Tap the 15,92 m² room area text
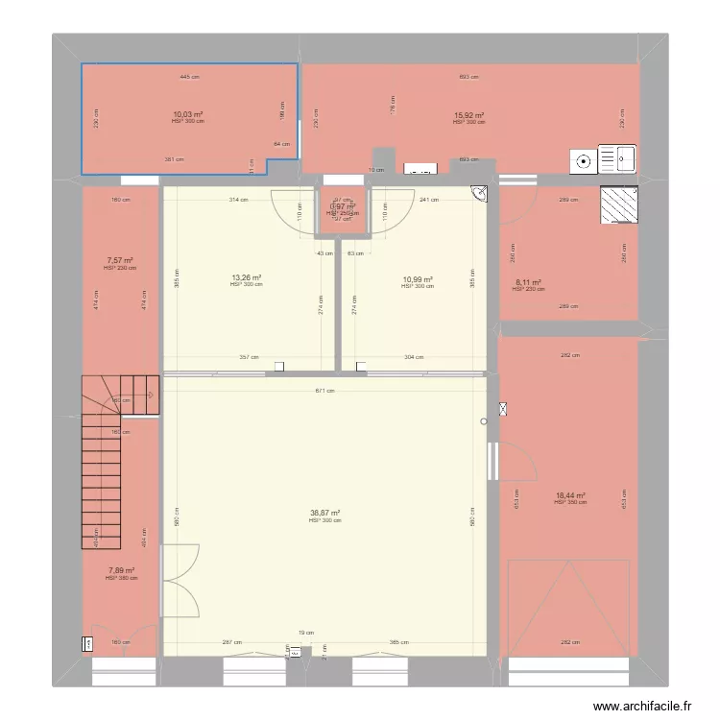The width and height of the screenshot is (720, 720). [x=468, y=114]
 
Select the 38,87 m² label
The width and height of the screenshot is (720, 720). [x=324, y=513]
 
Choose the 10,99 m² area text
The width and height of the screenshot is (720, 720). [x=418, y=279]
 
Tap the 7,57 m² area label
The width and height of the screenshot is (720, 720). [x=120, y=260]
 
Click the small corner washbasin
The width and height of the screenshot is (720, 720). [x=479, y=194]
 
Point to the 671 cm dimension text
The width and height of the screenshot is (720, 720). [x=326, y=391]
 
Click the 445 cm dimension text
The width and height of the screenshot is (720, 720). [x=189, y=77]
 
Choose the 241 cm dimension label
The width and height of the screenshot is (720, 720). [x=429, y=200]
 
